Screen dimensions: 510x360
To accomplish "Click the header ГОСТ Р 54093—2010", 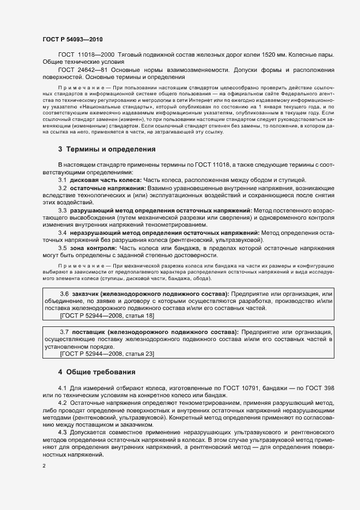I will tap(72, 40).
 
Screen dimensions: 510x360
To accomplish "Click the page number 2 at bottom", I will tap(44, 466).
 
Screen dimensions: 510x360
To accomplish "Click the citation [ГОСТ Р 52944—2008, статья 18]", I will tap(99, 315).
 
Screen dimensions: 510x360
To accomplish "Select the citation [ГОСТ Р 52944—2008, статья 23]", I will tap(99, 354).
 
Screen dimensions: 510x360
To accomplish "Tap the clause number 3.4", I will tap(63, 232).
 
